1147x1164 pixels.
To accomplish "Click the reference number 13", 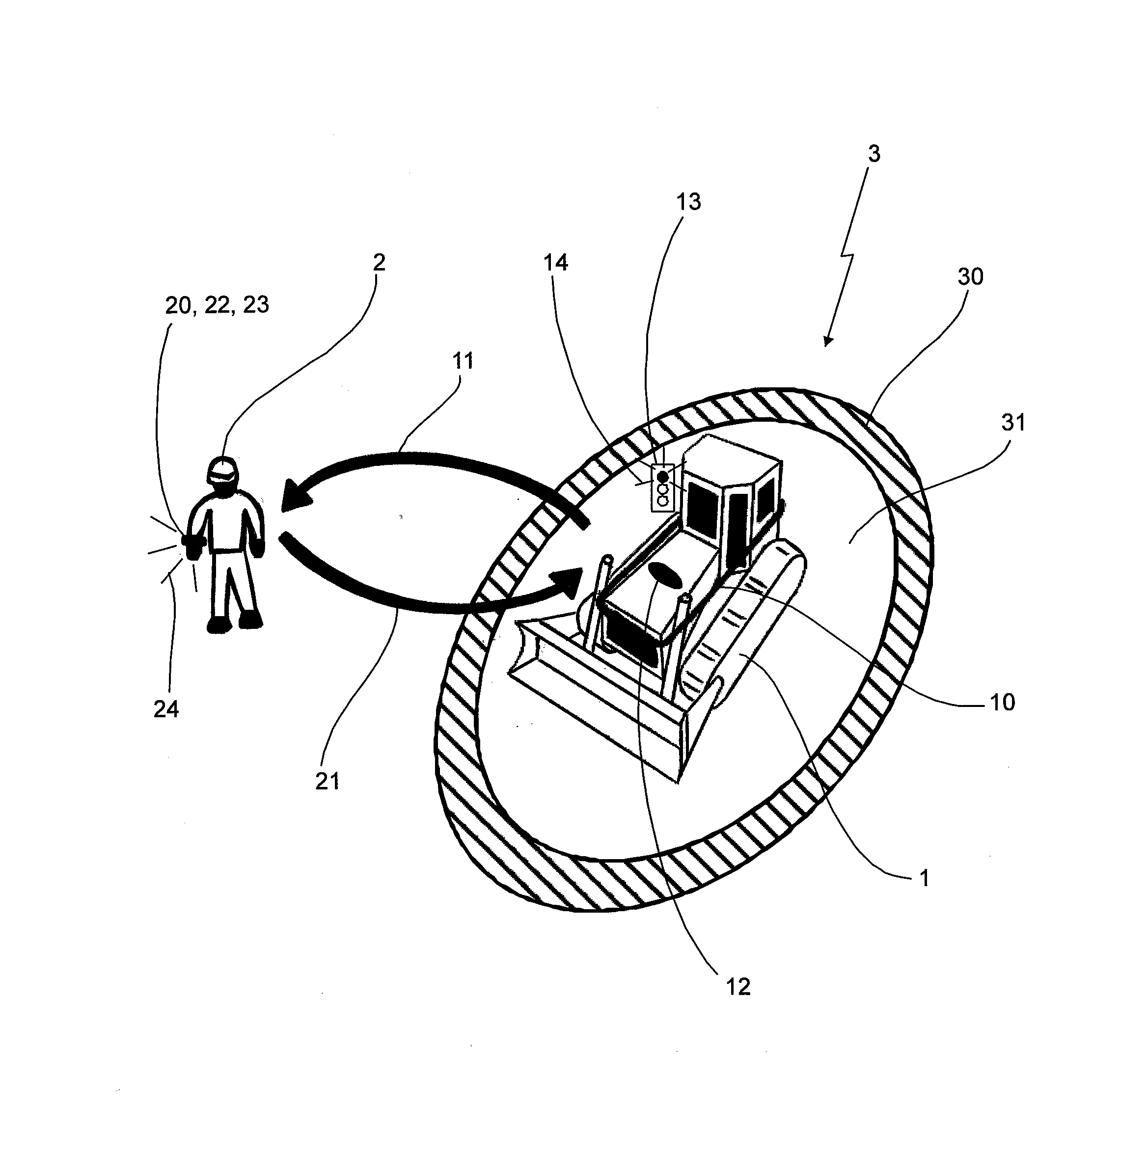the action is pyautogui.click(x=688, y=202).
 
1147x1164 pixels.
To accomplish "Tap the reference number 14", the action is pyautogui.click(x=555, y=263).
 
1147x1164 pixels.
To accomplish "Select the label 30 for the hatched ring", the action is pyautogui.click(x=971, y=276).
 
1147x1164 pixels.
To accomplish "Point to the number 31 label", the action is pyautogui.click(x=1013, y=423).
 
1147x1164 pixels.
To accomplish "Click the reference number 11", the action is pyautogui.click(x=463, y=361).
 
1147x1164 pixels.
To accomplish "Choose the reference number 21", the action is pyautogui.click(x=327, y=782).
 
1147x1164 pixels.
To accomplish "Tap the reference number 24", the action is pyautogui.click(x=166, y=709).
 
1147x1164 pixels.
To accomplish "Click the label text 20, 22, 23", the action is pyautogui.click(x=217, y=305).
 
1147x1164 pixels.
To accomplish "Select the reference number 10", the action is pyautogui.click(x=1003, y=702).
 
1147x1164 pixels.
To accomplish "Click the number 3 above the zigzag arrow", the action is pyautogui.click(x=874, y=154).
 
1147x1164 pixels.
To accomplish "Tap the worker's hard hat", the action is pyautogui.click(x=222, y=469).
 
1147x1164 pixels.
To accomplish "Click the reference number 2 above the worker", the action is pyautogui.click(x=379, y=263).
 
